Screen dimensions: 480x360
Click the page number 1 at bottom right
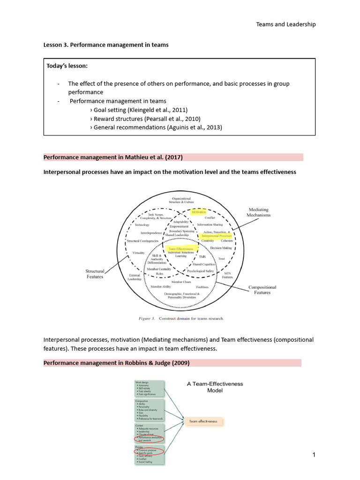click(313, 455)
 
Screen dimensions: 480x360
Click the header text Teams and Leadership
click(285, 24)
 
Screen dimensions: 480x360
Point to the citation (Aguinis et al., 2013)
click(187, 127)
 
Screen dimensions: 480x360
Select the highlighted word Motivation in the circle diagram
click(199, 212)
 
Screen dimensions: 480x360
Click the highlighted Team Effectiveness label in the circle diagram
click(180, 248)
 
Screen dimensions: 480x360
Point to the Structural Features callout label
click(94, 274)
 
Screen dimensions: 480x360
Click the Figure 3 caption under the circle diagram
click(181, 319)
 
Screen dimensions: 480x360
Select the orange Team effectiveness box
click(203, 421)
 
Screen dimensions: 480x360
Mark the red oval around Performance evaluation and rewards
click(150, 440)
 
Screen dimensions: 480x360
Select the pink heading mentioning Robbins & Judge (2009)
click(117, 363)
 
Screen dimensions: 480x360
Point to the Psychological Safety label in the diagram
click(201, 271)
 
